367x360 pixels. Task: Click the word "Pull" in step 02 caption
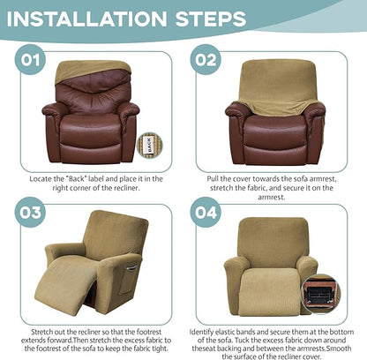click(x=215, y=178)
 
